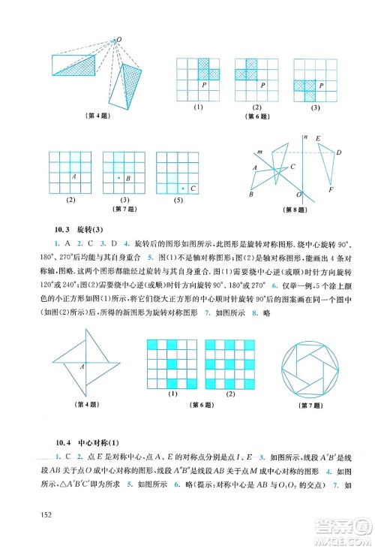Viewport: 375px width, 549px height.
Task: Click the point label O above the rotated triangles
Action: (x=118, y=38)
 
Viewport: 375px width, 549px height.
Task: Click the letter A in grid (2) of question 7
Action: (x=73, y=176)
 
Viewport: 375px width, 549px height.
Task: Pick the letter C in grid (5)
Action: (x=193, y=188)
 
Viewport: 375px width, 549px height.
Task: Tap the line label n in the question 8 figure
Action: (x=307, y=137)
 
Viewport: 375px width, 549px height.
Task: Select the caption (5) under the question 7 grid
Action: (x=178, y=200)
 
